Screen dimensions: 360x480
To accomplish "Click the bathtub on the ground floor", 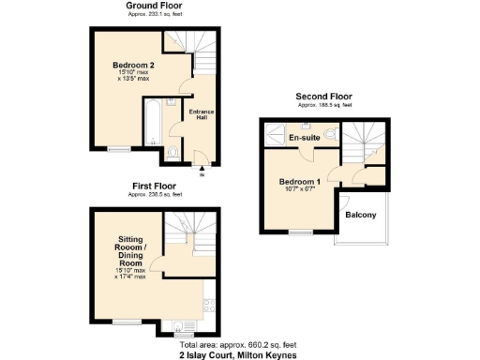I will (x=151, y=125).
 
